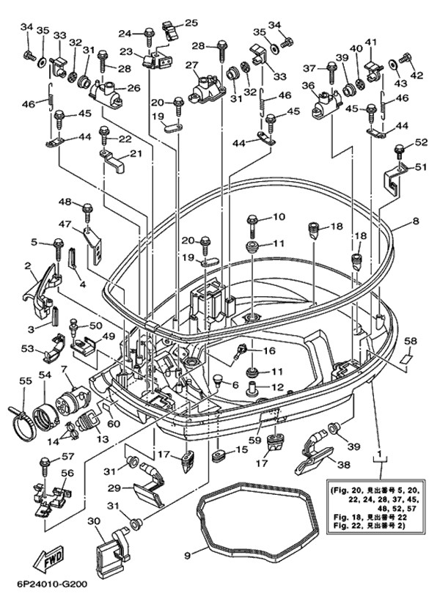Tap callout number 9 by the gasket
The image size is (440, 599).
click(187, 556)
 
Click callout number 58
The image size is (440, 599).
click(411, 341)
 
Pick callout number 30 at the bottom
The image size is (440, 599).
click(94, 521)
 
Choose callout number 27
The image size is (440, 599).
click(193, 66)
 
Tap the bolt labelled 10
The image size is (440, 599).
click(251, 218)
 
